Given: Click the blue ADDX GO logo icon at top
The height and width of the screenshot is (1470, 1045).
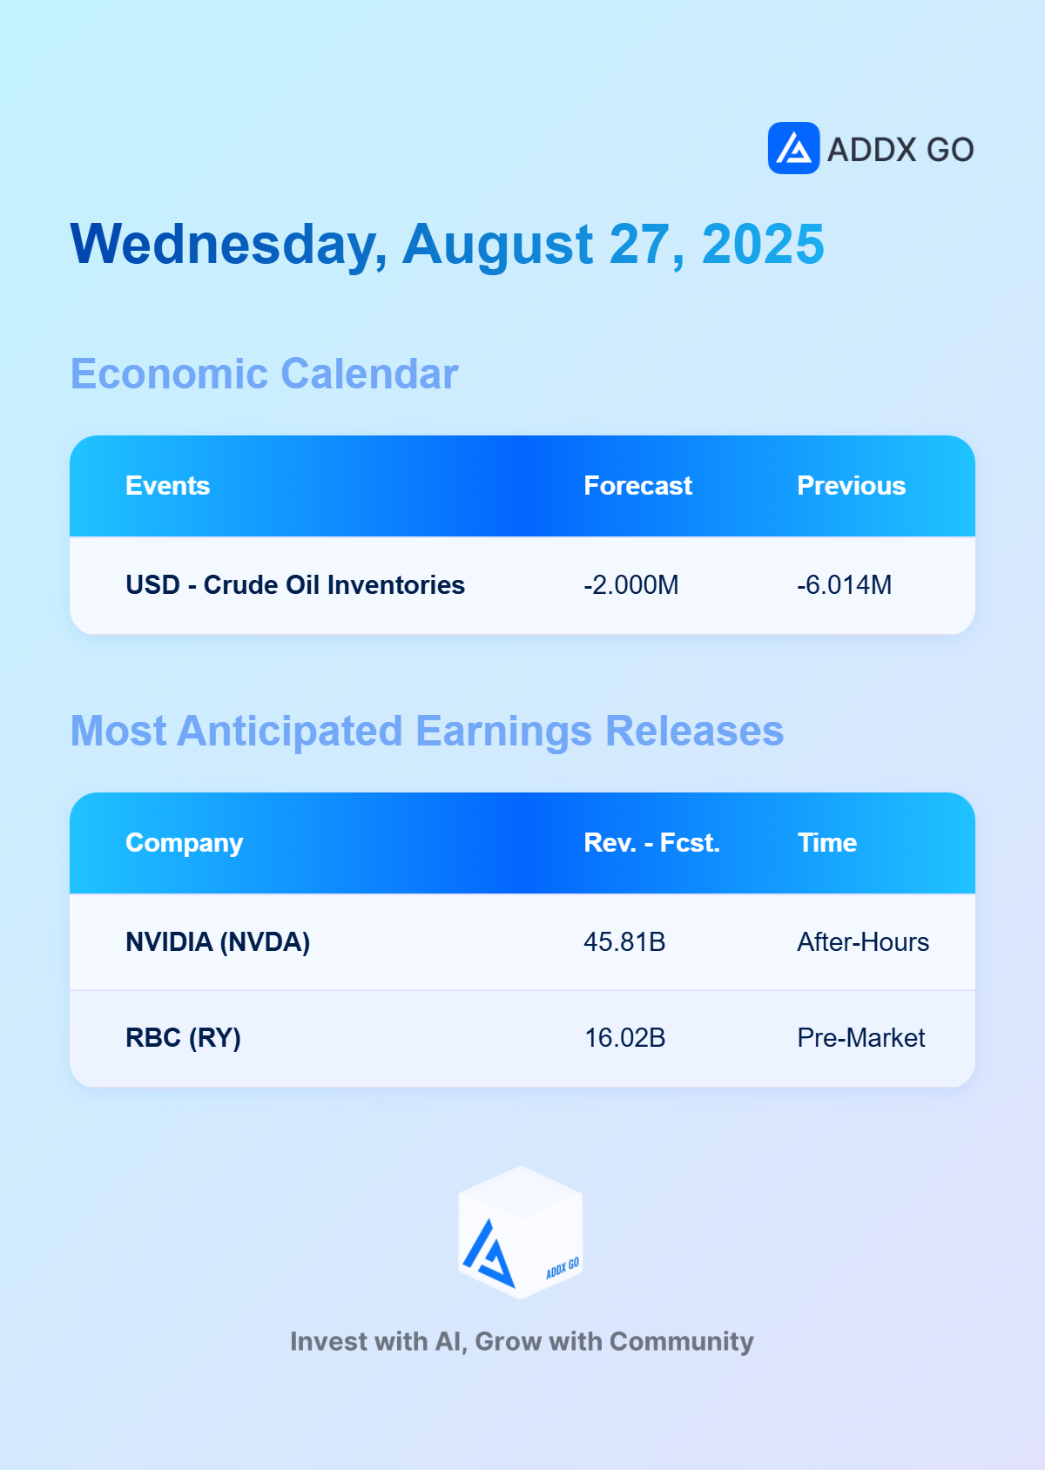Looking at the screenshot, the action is point(793,148).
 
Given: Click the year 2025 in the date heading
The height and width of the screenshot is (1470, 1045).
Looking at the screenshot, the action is point(763,244).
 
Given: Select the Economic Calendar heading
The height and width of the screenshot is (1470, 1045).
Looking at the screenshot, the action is point(264,374).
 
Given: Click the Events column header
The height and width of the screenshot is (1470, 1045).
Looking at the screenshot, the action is point(167,486).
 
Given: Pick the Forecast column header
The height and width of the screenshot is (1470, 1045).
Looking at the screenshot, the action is point(637,486).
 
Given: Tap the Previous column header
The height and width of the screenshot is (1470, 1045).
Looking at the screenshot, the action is point(851,486).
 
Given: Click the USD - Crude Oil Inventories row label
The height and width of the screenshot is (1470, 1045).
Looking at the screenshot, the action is point(294,584).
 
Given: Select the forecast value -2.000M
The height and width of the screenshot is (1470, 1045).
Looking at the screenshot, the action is point(630,584).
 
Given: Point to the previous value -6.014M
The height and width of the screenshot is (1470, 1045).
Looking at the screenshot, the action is point(844,584).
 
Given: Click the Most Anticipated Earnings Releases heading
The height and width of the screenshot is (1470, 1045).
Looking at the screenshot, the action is point(427,731).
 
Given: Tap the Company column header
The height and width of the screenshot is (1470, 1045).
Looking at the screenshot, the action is point(184,843).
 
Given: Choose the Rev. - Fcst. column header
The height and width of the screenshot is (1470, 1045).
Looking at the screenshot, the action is point(651,843).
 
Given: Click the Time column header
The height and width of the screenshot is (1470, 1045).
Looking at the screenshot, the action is point(826,843).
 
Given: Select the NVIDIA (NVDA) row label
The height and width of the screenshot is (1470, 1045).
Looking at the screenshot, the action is point(217,942).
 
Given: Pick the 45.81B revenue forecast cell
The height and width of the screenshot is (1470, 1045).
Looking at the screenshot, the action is point(624,942).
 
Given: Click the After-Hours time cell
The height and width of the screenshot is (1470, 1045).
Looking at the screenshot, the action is point(862,942).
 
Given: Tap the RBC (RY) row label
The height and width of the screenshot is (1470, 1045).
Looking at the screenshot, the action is point(183,1038).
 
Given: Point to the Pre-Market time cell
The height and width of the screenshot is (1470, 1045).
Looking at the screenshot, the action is point(860,1038).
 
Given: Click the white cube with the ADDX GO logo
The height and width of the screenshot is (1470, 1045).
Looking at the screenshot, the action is point(521,1231).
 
